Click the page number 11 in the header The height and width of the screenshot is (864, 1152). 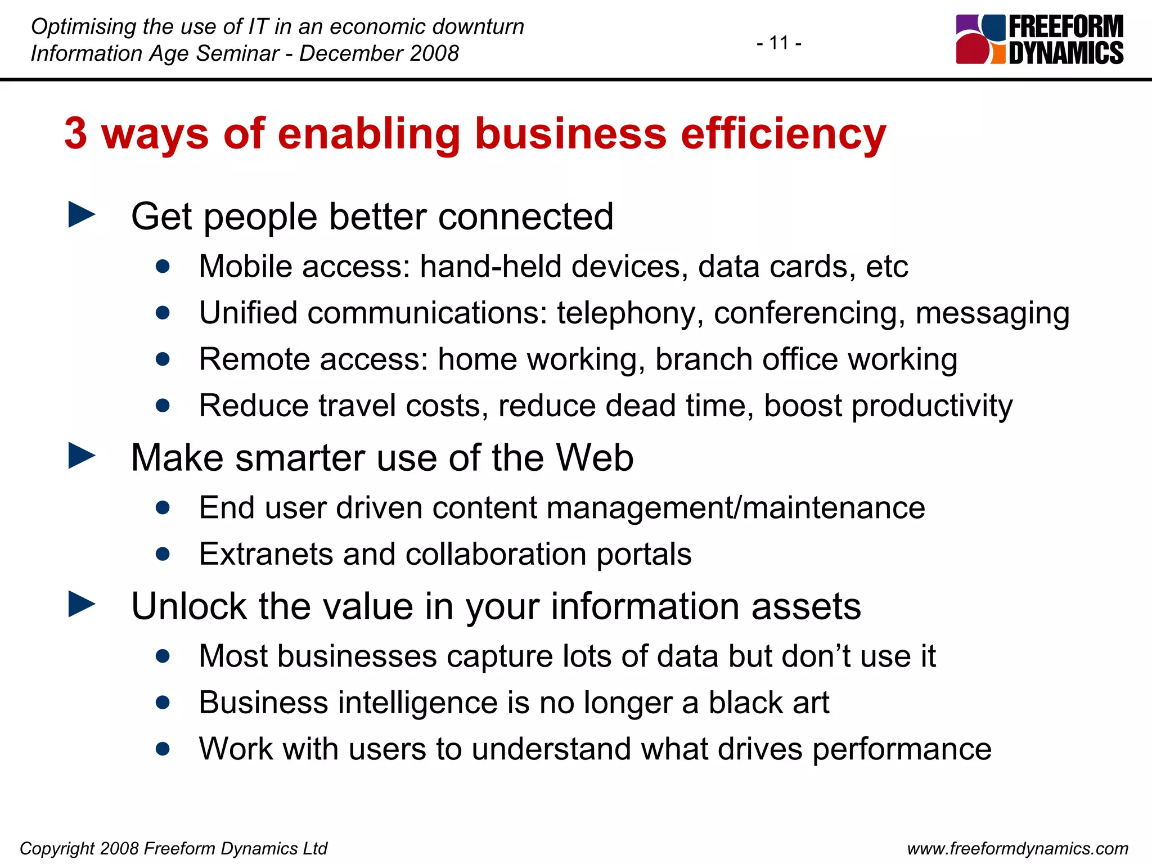778,43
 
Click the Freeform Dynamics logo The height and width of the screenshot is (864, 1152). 1039,39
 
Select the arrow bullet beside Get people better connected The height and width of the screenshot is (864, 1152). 82,215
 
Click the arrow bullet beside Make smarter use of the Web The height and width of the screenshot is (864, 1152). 82,456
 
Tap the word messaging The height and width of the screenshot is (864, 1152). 992,313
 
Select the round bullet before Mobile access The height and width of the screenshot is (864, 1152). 163,266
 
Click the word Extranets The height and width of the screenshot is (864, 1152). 266,554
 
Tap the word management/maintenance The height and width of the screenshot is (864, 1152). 735,508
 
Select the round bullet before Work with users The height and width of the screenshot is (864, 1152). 163,749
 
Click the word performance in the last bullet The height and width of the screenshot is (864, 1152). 902,750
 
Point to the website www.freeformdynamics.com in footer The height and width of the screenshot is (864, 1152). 1018,848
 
